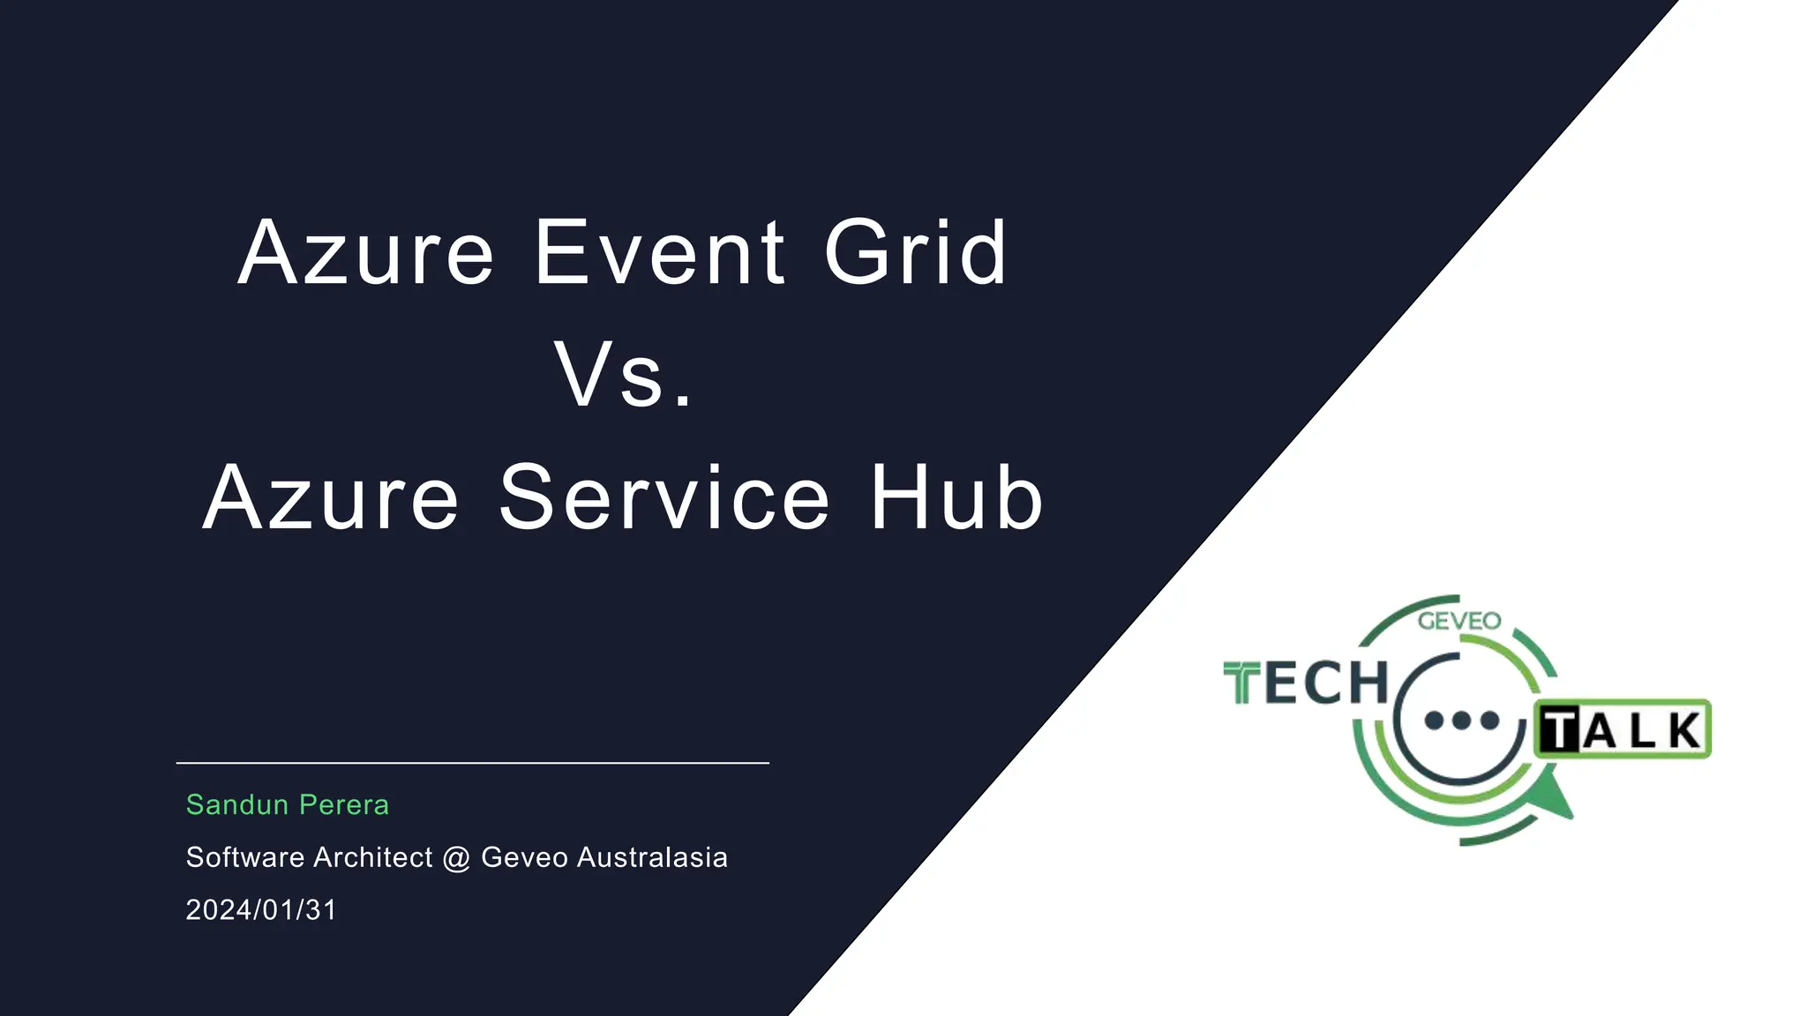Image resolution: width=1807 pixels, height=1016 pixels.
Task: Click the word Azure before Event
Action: pyautogui.click(x=365, y=253)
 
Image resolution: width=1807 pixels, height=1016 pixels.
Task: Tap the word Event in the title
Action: pyautogui.click(x=659, y=253)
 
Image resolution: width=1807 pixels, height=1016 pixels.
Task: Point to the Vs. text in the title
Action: pyautogui.click(x=624, y=376)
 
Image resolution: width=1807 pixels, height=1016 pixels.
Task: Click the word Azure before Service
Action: pyautogui.click(x=331, y=498)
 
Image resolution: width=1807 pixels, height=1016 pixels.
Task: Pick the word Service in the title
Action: pyautogui.click(x=664, y=498)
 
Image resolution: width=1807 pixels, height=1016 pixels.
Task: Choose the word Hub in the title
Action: pyautogui.click(x=957, y=498)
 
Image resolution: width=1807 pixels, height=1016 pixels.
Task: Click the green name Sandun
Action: pyautogui.click(x=237, y=804)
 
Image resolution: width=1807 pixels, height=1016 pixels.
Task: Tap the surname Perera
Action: pyautogui.click(x=344, y=804)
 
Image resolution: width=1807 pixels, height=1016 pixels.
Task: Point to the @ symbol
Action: pyautogui.click(x=456, y=858)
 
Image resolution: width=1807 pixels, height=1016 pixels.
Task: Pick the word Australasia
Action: pyautogui.click(x=652, y=857)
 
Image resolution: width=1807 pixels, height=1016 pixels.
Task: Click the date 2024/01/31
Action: pyautogui.click(x=261, y=909)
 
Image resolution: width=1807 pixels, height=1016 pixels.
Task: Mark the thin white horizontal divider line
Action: pyautogui.click(x=473, y=763)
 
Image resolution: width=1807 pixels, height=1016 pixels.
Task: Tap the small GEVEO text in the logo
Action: pyautogui.click(x=1458, y=621)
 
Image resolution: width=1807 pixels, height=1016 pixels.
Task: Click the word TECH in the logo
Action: pyautogui.click(x=1307, y=684)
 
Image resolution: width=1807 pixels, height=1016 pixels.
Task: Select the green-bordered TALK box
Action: pyautogui.click(x=1623, y=729)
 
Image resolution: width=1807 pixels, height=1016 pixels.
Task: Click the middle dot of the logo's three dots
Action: pyautogui.click(x=1462, y=721)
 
